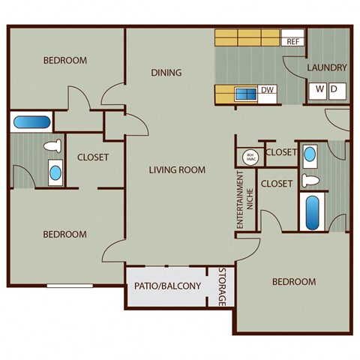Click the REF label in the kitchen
tap(292, 41)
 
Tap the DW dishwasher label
tap(267, 91)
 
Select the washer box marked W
tap(319, 90)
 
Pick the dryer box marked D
tap(334, 90)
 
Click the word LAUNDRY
tap(327, 67)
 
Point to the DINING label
tap(166, 73)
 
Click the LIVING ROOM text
tap(176, 169)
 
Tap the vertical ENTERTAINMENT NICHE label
tap(241, 200)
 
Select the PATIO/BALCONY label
tap(167, 286)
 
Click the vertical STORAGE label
tap(222, 287)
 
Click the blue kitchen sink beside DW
tap(244, 94)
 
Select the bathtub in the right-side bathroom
tap(310, 212)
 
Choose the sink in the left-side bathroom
tap(55, 172)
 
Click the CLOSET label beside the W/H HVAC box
tap(281, 152)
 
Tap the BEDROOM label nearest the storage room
tap(293, 282)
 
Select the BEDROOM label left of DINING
tap(64, 60)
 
